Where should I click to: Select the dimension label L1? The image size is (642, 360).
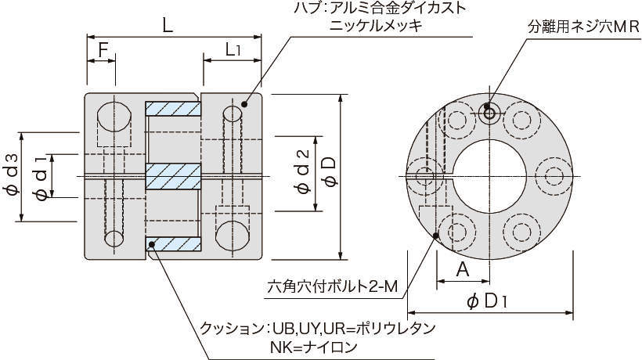coord(232,50)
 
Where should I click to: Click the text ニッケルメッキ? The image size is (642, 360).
coord(377,26)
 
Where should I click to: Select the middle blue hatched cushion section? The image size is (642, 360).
coord(174,176)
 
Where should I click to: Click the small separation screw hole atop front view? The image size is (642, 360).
coord(489,114)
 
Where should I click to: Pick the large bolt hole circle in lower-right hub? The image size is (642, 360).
coord(231,235)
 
